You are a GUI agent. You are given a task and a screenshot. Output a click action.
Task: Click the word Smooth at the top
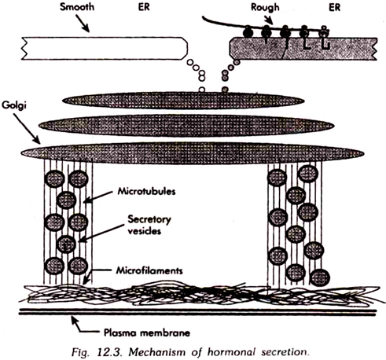click(x=77, y=7)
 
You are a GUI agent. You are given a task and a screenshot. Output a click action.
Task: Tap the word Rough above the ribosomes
click(x=265, y=7)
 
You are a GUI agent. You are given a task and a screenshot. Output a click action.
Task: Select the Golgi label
click(x=14, y=105)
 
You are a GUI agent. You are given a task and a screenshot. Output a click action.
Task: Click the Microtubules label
click(x=146, y=191)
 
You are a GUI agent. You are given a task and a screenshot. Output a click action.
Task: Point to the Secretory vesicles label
click(x=149, y=225)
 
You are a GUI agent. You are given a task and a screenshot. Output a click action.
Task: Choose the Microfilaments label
click(x=149, y=270)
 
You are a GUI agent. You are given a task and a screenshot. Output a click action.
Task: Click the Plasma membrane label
click(x=147, y=332)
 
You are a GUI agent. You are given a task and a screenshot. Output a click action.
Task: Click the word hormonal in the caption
click(x=231, y=352)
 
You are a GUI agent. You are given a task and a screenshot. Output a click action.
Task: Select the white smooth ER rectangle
click(x=105, y=49)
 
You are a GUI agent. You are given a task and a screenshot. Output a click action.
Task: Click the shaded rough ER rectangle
click(x=303, y=49)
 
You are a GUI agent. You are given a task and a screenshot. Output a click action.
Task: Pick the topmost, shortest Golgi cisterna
click(x=183, y=101)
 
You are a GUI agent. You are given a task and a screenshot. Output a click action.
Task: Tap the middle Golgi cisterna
click(x=186, y=126)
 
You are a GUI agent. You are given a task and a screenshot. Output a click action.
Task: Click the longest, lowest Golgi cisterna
click(x=193, y=153)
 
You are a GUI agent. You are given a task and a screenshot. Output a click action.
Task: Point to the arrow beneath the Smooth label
click(x=83, y=24)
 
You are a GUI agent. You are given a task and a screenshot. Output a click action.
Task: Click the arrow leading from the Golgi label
click(x=27, y=129)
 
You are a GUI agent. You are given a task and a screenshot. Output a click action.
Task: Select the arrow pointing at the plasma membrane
click(x=85, y=325)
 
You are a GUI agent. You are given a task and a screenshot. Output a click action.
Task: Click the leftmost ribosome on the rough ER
click(x=247, y=32)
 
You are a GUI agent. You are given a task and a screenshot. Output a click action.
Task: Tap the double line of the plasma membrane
click(x=198, y=313)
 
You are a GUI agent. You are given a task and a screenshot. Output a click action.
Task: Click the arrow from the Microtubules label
click(x=98, y=197)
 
